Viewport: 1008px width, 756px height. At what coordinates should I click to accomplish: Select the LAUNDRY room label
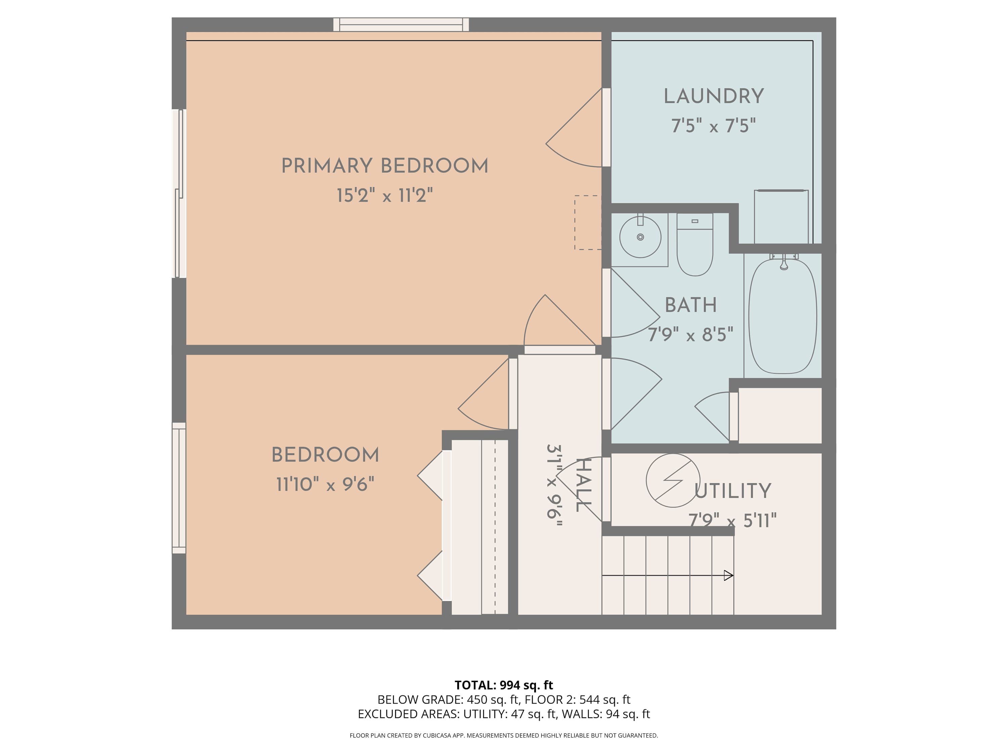[713, 96]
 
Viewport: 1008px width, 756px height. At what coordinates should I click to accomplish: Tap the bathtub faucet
[784, 263]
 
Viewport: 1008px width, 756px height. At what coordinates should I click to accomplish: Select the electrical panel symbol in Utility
[673, 480]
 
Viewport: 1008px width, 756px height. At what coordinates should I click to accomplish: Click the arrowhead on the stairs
[728, 576]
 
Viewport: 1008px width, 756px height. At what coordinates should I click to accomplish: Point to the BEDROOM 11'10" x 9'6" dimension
[325, 485]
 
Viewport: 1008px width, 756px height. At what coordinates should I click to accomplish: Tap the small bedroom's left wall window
[179, 488]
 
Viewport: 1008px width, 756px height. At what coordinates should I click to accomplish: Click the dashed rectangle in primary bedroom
[587, 222]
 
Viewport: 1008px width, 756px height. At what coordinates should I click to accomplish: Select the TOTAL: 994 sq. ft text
[504, 685]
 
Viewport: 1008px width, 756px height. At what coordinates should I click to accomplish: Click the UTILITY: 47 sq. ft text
[509, 714]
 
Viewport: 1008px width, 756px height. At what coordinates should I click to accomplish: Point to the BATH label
[690, 305]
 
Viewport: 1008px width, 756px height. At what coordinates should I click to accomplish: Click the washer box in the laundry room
[781, 217]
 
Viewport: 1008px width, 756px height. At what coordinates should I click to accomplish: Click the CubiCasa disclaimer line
[504, 735]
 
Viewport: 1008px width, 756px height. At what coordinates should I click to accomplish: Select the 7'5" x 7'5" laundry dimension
[713, 126]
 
